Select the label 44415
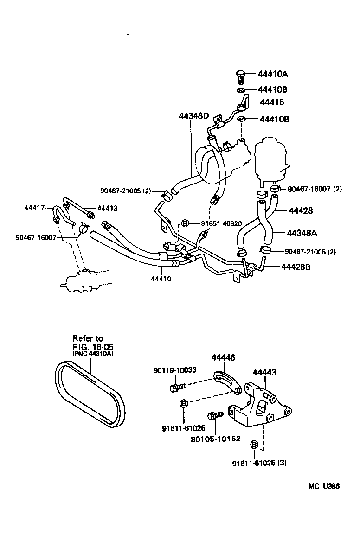click(x=272, y=102)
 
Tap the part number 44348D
click(x=197, y=116)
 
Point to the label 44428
click(x=301, y=210)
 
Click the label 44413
click(x=107, y=209)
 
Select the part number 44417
click(x=35, y=208)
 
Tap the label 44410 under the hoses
click(x=161, y=279)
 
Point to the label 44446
click(x=223, y=357)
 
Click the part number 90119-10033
click(x=175, y=370)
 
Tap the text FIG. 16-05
click(x=93, y=346)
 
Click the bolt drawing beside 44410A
click(x=240, y=76)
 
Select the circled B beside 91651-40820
click(x=184, y=223)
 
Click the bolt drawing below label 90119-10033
click(x=178, y=386)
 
